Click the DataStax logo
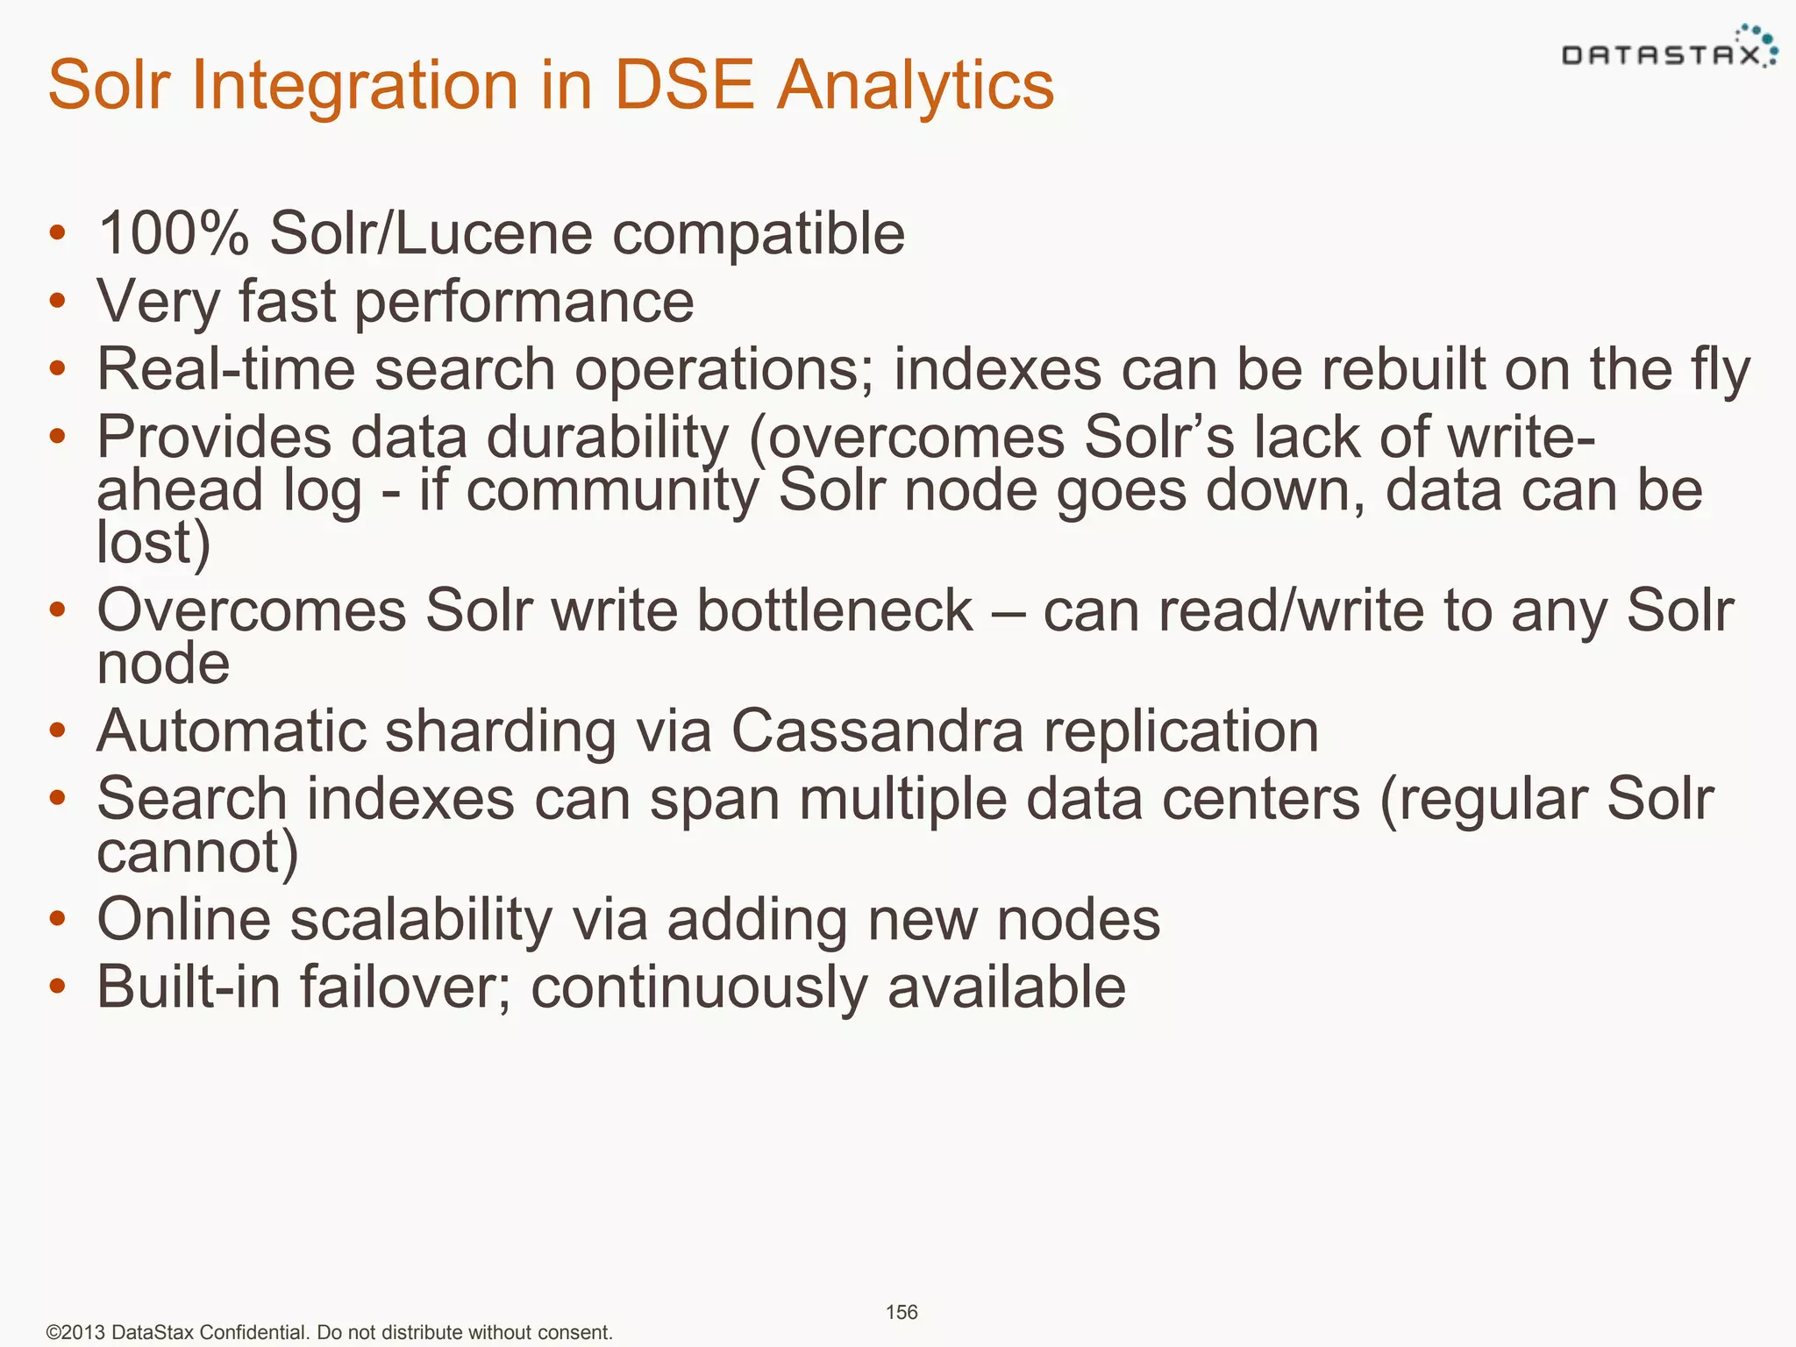click(x=1669, y=47)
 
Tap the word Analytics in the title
click(x=916, y=85)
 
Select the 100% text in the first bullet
click(x=173, y=234)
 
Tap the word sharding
click(x=500, y=731)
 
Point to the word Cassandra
click(x=877, y=731)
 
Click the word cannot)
click(x=197, y=852)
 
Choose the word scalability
click(x=421, y=920)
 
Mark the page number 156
click(x=902, y=1312)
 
